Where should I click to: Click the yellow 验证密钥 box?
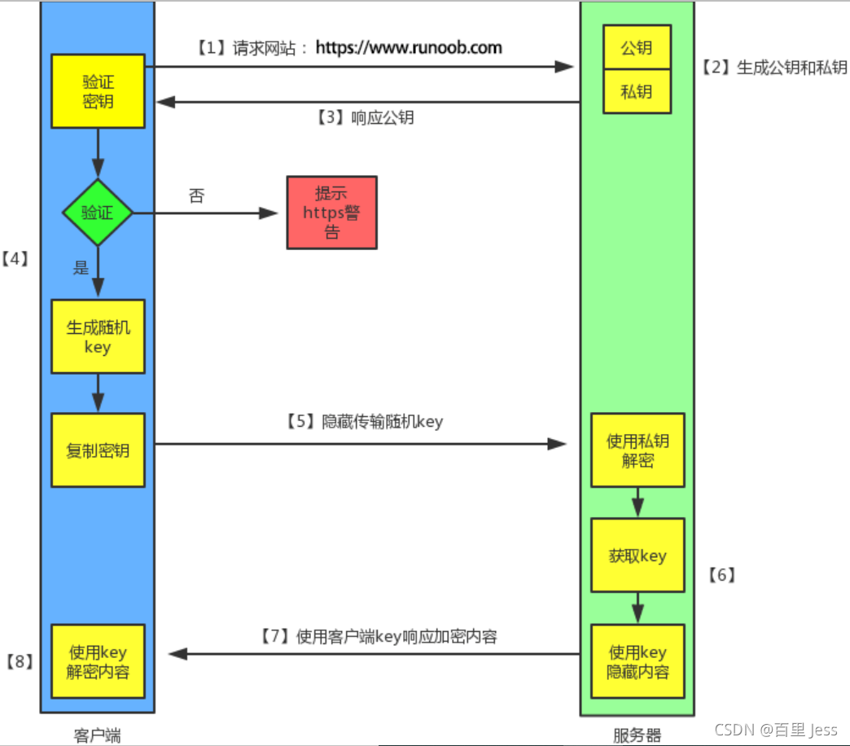coord(98,91)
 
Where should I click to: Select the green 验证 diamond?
coord(98,213)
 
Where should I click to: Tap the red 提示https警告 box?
coord(331,213)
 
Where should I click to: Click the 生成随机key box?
coord(98,337)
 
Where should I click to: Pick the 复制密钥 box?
coord(98,450)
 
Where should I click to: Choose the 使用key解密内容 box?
coord(98,661)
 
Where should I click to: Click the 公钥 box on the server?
coord(637,48)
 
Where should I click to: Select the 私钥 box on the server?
coord(637,91)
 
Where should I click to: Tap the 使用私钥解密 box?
coord(637,450)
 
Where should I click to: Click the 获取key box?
coord(637,555)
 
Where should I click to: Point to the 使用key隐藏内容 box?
coord(637,661)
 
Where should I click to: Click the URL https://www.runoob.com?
coord(409,47)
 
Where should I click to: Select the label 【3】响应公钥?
coord(365,117)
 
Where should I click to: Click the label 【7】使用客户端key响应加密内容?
coord(378,636)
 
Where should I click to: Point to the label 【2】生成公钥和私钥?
coord(773,68)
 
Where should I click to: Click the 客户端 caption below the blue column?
coord(97,735)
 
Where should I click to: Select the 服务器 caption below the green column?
coord(637,735)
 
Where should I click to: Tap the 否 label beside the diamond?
coord(196,196)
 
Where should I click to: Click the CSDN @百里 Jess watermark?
coord(775,729)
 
